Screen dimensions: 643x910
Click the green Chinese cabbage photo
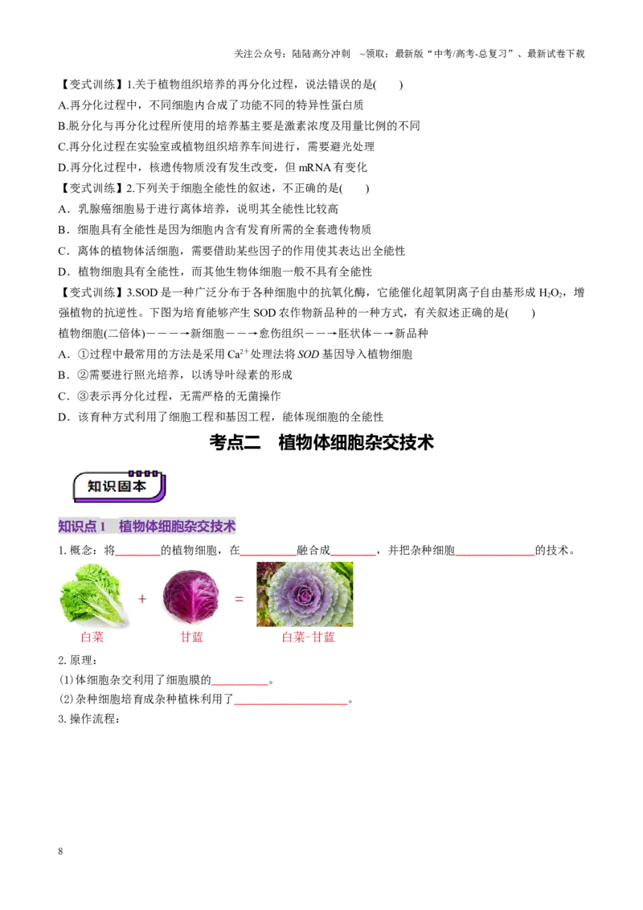click(94, 596)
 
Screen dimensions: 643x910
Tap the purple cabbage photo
click(191, 596)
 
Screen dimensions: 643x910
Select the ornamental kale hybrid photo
click(305, 594)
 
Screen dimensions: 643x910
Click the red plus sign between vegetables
click(142, 598)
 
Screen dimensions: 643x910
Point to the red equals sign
click(239, 598)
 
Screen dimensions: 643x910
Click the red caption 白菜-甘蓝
click(308, 637)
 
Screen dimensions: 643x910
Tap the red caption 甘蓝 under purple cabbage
click(191, 637)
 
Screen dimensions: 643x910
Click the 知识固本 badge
click(119, 486)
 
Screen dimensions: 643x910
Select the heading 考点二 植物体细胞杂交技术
click(321, 442)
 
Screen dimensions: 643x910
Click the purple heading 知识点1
click(82, 527)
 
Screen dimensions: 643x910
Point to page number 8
click(60, 851)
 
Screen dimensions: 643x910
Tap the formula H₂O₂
click(551, 293)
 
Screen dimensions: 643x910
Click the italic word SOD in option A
click(308, 355)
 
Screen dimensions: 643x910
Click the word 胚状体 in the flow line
click(354, 334)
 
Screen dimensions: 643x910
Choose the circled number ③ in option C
click(82, 396)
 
